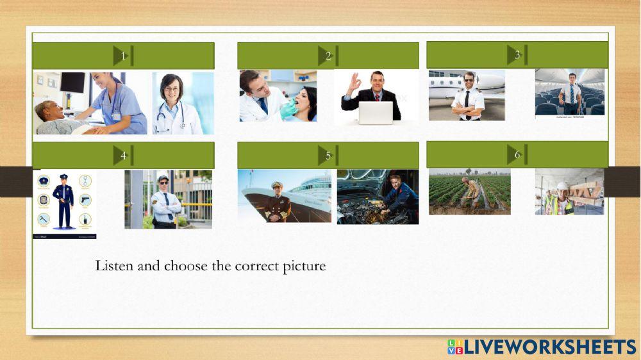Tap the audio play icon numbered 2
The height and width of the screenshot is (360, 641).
(x=328, y=56)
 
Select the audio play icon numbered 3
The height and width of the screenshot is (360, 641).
(x=517, y=54)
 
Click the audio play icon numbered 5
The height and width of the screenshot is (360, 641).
(x=328, y=155)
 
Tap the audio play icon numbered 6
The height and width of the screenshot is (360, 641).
(x=517, y=154)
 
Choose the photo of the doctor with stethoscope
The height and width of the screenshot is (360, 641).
(x=183, y=102)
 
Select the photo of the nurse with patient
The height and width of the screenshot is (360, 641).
(x=90, y=102)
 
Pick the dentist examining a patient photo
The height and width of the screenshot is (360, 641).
(x=278, y=95)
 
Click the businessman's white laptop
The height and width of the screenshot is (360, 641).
(x=375, y=113)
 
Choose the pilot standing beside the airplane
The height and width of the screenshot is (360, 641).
(x=467, y=95)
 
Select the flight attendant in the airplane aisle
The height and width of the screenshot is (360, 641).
(x=570, y=92)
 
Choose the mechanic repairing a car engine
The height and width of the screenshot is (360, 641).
(x=378, y=197)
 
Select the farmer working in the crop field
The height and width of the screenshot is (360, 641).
(x=469, y=192)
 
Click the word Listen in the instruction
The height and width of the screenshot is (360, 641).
(x=114, y=265)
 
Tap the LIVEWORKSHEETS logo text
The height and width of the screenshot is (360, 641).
(x=550, y=347)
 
